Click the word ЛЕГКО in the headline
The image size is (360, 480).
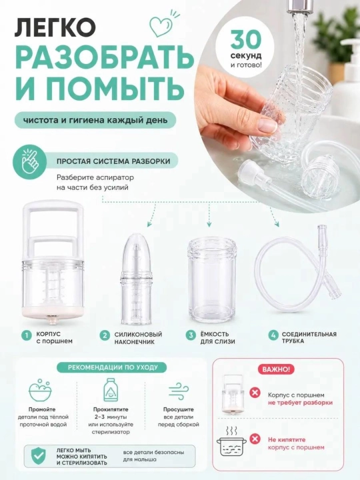click(55, 27)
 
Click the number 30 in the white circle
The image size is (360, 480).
click(246, 40)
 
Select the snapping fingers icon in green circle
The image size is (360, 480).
click(29, 160)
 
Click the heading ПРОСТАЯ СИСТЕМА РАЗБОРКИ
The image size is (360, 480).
click(113, 161)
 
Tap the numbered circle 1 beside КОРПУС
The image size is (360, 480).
click(27, 335)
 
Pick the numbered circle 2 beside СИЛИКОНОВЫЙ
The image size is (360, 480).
click(105, 335)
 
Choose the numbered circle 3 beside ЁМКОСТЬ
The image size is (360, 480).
click(191, 335)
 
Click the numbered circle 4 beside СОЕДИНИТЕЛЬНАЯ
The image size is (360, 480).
click(273, 335)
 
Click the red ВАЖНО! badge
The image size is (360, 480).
click(277, 369)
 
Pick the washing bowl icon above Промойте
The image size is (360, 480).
click(40, 390)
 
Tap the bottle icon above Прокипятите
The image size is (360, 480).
click(111, 389)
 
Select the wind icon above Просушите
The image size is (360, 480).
click(179, 391)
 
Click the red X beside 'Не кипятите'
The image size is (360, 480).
click(255, 439)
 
